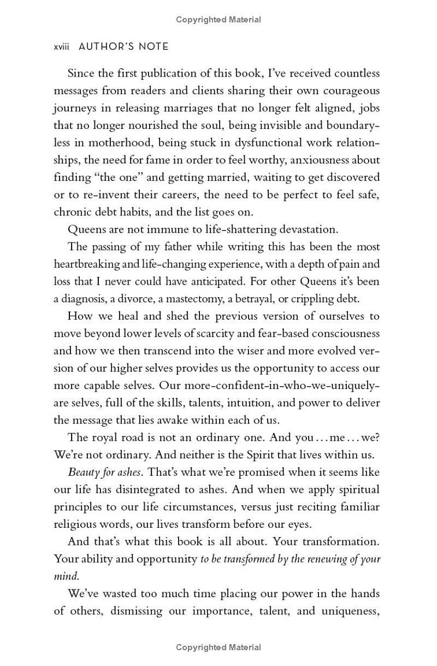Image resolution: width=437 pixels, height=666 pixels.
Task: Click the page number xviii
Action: [x=62, y=47]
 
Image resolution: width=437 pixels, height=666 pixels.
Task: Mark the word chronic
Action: [x=71, y=212]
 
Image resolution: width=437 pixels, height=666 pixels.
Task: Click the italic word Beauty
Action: [x=83, y=472]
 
